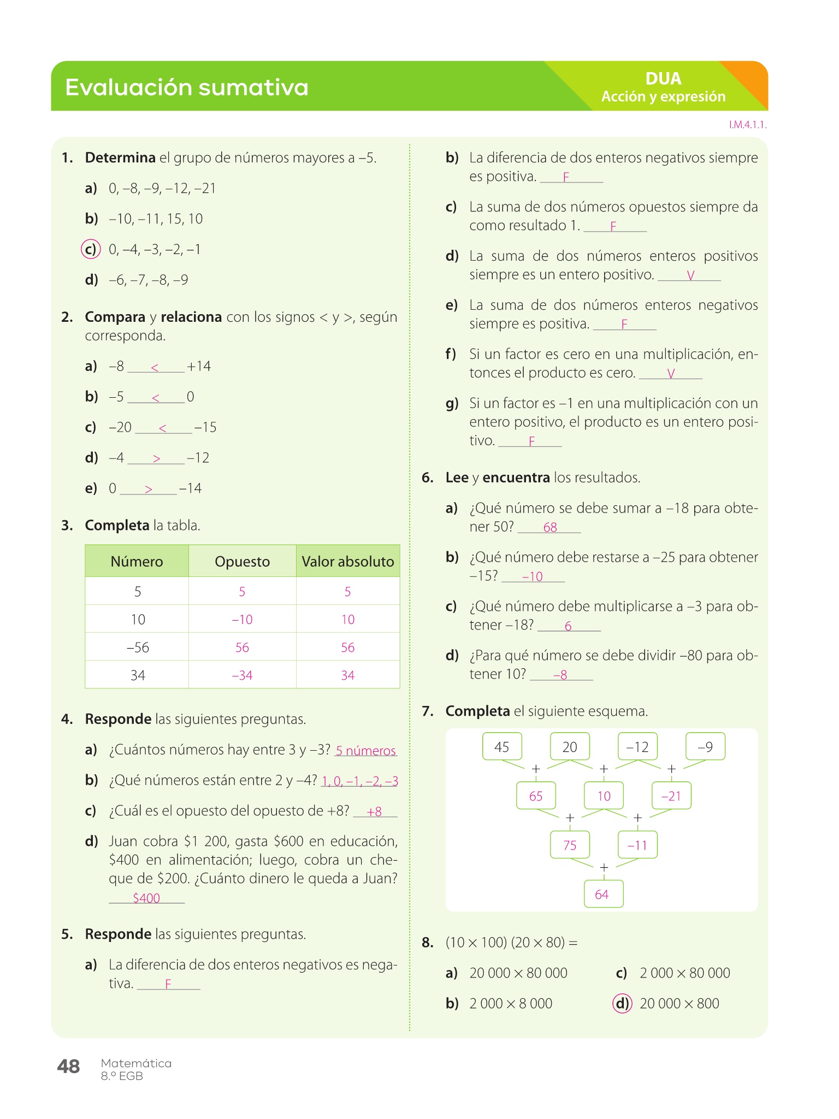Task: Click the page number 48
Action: click(68, 1066)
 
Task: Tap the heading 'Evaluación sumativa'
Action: click(187, 87)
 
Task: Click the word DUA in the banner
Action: click(663, 79)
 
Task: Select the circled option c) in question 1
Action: click(91, 249)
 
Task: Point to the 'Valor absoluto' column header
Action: click(348, 561)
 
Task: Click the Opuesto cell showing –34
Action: click(242, 675)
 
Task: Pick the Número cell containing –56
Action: click(138, 647)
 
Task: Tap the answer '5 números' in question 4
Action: click(366, 751)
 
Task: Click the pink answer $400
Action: click(146, 898)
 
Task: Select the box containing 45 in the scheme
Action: click(502, 747)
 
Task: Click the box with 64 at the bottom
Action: click(602, 894)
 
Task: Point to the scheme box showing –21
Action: click(671, 796)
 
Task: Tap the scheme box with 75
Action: click(570, 845)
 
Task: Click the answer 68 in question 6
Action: click(550, 527)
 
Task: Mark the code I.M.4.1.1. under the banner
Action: click(748, 125)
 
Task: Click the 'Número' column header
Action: click(137, 561)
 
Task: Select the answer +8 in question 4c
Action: click(375, 811)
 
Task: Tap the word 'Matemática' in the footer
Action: click(136, 1063)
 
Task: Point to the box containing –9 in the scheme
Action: click(705, 747)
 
